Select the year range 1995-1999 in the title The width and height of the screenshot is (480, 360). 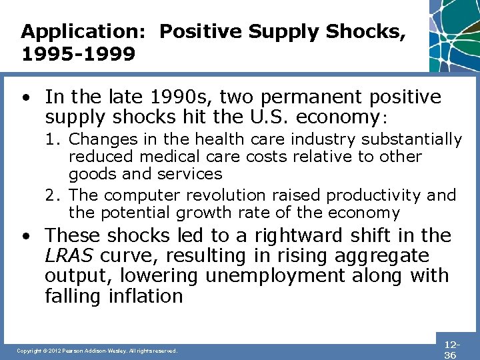[78, 53]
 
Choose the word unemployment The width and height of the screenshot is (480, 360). [275, 275]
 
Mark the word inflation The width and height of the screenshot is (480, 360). [146, 295]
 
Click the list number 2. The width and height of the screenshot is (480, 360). [51, 195]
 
